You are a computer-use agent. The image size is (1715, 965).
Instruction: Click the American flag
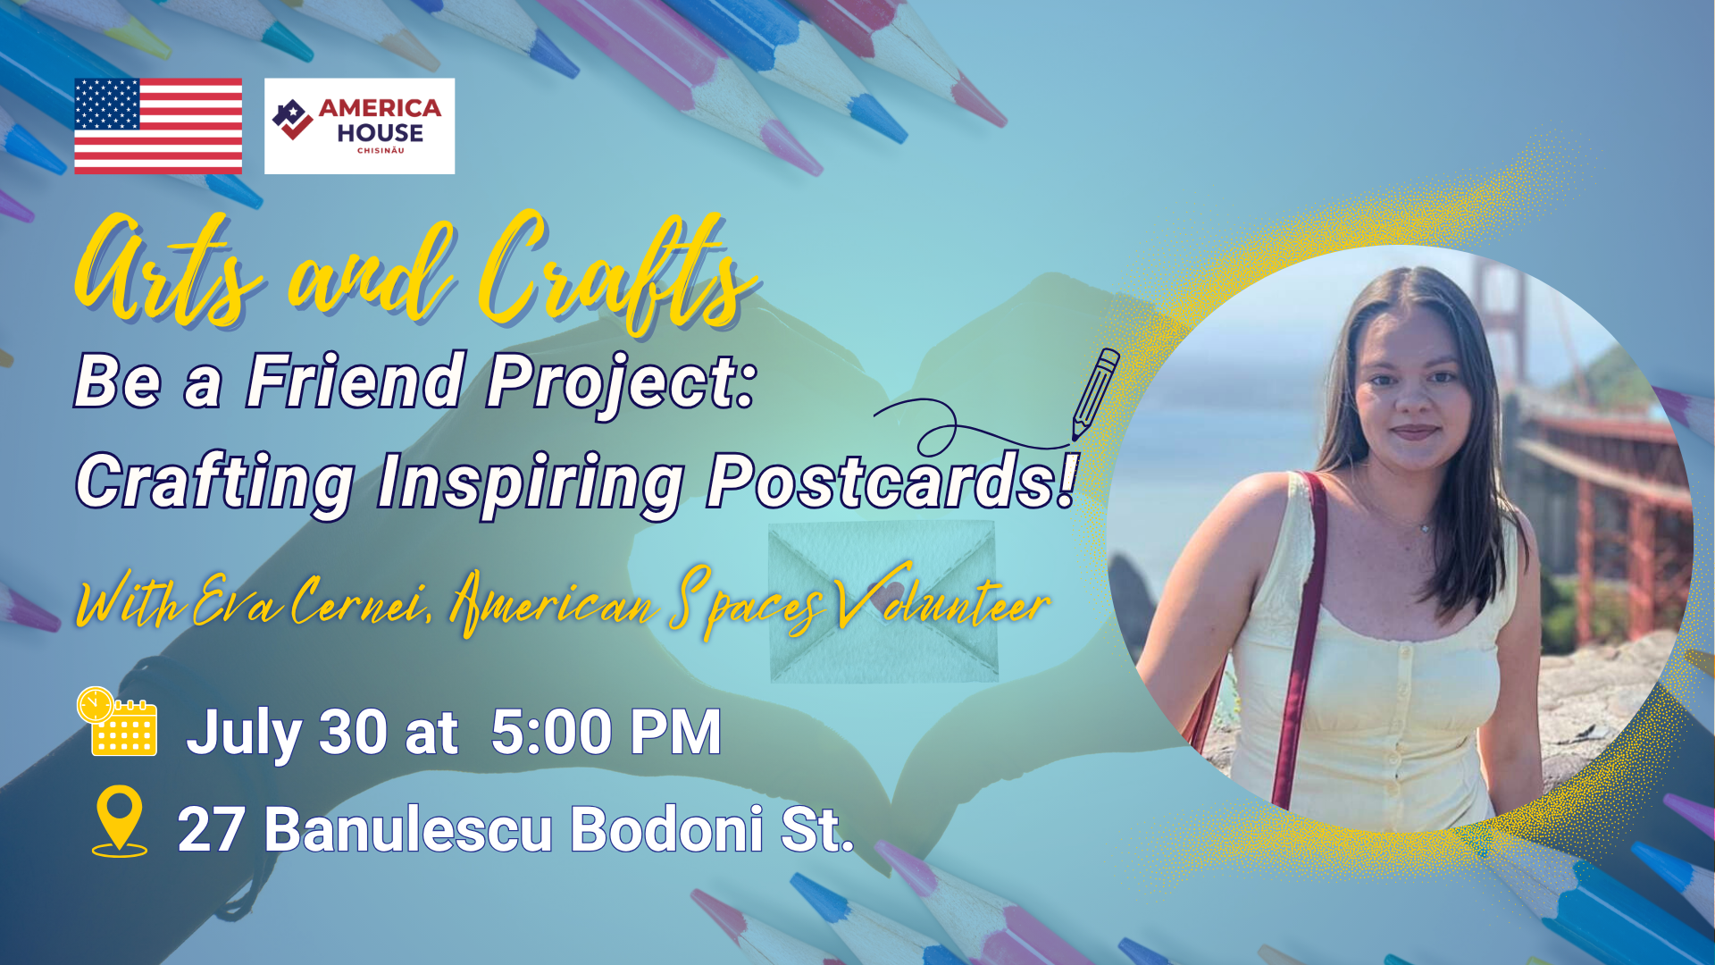pyautogui.click(x=158, y=126)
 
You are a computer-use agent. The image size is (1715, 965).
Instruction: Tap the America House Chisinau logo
pyautogui.click(x=359, y=126)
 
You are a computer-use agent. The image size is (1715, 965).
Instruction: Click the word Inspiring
pyautogui.click(x=531, y=484)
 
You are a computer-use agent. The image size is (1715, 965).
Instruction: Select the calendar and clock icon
pyautogui.click(x=117, y=722)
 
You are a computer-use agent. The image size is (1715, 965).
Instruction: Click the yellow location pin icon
pyautogui.click(x=120, y=821)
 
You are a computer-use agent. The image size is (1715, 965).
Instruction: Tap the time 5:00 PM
pyautogui.click(x=606, y=733)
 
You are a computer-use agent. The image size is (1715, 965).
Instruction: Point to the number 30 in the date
pyautogui.click(x=353, y=733)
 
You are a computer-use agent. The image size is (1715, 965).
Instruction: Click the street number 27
pyautogui.click(x=211, y=830)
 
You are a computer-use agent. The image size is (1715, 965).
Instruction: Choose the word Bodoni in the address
pyautogui.click(x=666, y=830)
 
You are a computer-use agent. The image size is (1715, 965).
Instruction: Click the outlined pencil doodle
pyautogui.click(x=1094, y=393)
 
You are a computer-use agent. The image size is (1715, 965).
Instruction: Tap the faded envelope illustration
pyautogui.click(x=883, y=602)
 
